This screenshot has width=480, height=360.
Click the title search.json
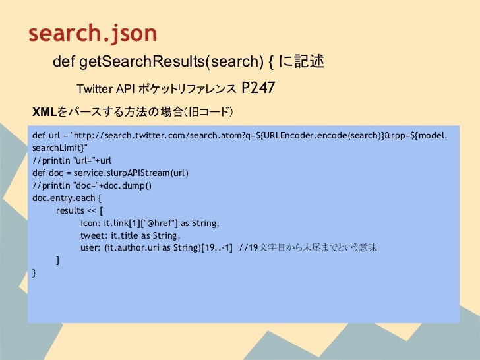pyautogui.click(x=92, y=33)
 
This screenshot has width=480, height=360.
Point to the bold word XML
pyautogui.click(x=43, y=111)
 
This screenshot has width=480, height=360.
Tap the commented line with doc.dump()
pyautogui.click(x=92, y=185)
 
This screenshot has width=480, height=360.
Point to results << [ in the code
pyautogui.click(x=80, y=210)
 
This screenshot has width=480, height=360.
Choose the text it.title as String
pyautogui.click(x=144, y=235)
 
